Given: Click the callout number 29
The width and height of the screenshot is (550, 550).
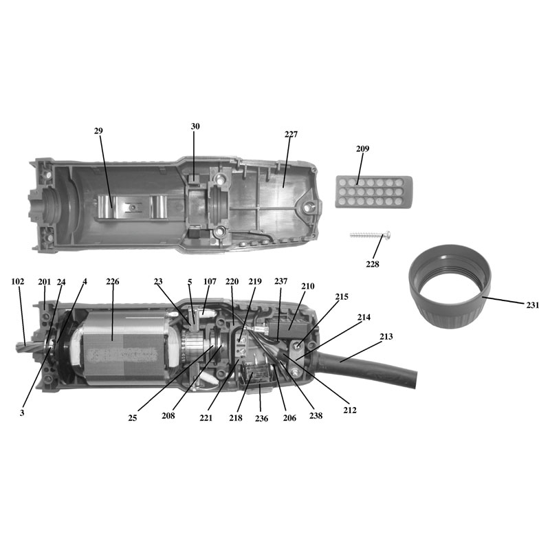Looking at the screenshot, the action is tap(98, 131).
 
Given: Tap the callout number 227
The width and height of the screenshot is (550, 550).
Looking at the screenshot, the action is tap(291, 134).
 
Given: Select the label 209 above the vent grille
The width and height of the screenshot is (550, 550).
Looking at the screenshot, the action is tap(363, 148).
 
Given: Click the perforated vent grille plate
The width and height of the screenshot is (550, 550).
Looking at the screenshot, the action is tap(373, 192).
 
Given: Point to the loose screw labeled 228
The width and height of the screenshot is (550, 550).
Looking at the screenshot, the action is tap(371, 235).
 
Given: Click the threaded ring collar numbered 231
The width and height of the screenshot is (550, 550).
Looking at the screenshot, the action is tap(450, 287).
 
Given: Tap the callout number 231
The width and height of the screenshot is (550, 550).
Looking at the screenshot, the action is tap(532, 305).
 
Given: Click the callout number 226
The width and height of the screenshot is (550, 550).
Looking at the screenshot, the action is tap(113, 282).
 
